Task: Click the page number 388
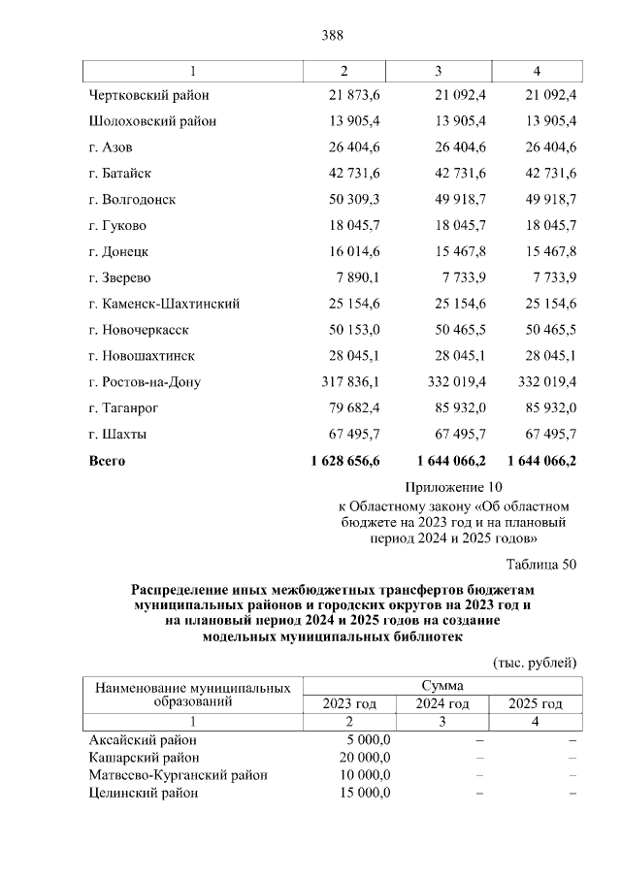point(333,36)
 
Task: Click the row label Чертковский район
point(148,95)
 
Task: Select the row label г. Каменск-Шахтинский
point(164,305)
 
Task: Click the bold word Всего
point(107,461)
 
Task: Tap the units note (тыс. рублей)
point(536,663)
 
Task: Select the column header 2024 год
point(442,704)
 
